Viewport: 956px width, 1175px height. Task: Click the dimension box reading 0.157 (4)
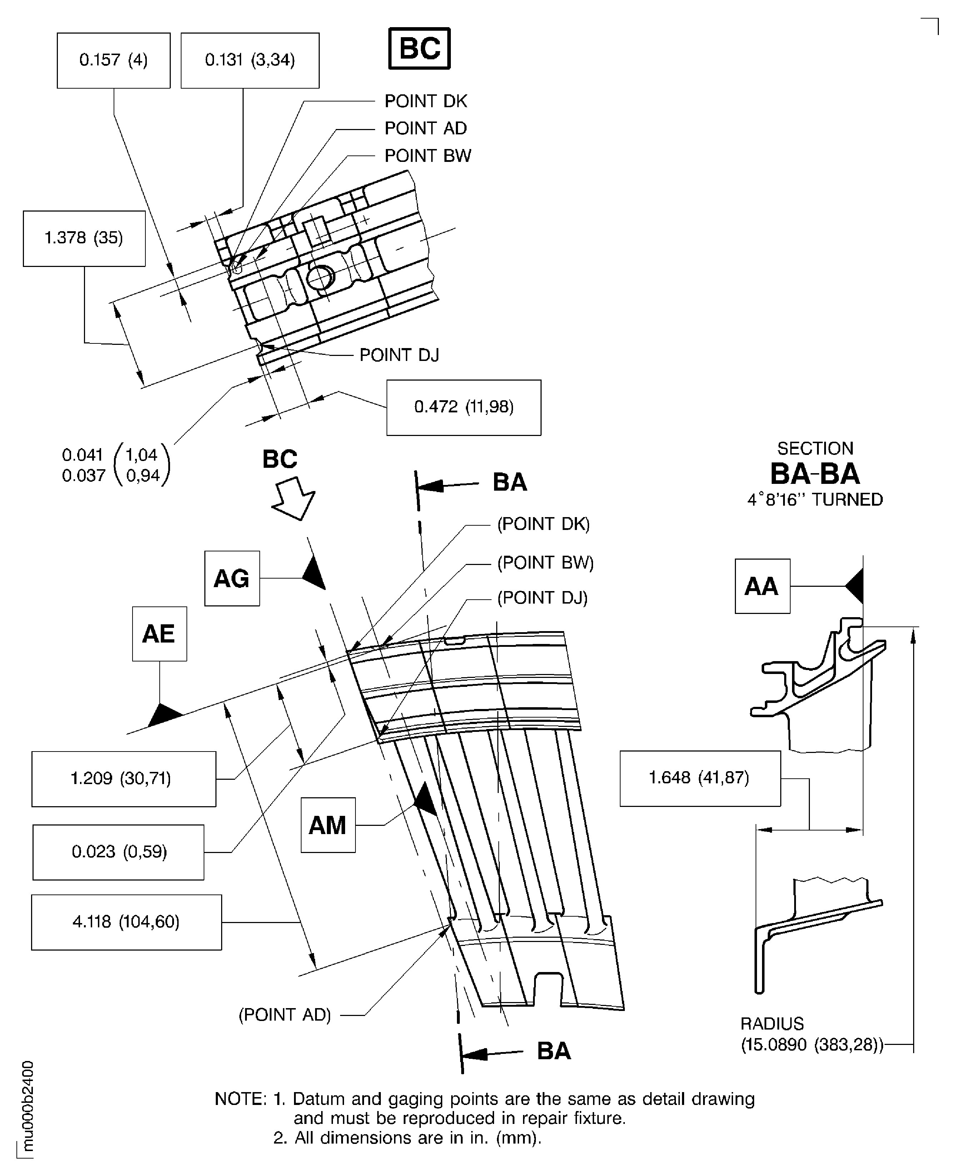coord(114,60)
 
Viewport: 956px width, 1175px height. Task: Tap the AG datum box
coord(232,579)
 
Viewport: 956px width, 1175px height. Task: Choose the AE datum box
coord(159,634)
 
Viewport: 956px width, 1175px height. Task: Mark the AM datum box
coord(328,825)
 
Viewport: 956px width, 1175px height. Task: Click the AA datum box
coord(762,586)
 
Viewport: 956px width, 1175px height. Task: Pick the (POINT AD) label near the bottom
coord(285,1014)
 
